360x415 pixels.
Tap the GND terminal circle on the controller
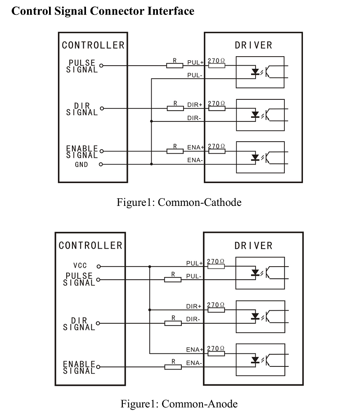(101, 165)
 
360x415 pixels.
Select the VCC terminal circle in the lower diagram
(99, 266)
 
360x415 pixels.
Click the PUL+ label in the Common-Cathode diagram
(195, 62)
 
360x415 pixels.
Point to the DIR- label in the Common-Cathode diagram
(195, 118)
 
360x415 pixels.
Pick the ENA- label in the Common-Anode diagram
(194, 363)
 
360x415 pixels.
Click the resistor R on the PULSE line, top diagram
(175, 66)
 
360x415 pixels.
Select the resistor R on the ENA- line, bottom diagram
(173, 367)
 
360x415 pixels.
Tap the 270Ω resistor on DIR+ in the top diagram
(217, 108)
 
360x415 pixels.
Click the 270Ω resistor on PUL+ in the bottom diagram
(216, 266)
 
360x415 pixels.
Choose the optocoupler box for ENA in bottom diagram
(260, 360)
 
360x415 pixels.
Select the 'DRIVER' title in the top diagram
(253, 45)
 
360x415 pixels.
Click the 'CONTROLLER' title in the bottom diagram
(90, 245)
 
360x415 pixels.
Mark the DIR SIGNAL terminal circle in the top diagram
(101, 108)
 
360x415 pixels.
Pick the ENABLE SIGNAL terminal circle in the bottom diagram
(99, 367)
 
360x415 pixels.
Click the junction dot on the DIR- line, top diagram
(151, 121)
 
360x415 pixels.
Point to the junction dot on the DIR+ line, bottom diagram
(149, 309)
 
